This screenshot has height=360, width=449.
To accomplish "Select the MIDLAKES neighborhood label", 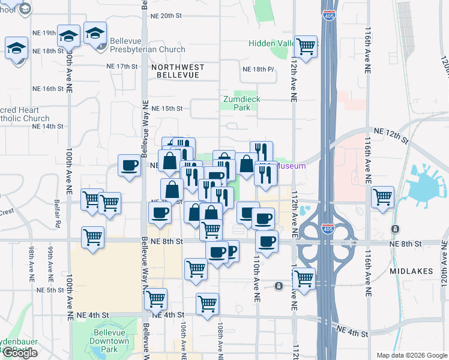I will (x=411, y=271).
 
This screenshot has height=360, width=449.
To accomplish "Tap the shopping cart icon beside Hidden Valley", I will (x=306, y=46).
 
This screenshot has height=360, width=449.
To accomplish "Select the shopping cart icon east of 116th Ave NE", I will (x=382, y=197).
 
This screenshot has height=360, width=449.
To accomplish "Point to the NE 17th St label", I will (x=122, y=66).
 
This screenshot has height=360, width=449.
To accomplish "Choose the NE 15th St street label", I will (x=167, y=109).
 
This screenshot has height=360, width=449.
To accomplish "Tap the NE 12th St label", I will (x=390, y=134).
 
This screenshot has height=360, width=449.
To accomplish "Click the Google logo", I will (x=20, y=353).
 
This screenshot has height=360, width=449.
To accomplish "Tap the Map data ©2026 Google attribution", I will (x=412, y=355).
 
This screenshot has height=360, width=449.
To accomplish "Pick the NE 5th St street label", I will (x=50, y=290).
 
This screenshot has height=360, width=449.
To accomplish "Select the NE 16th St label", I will (x=49, y=89).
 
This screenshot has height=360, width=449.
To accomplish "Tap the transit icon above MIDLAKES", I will (x=395, y=229).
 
